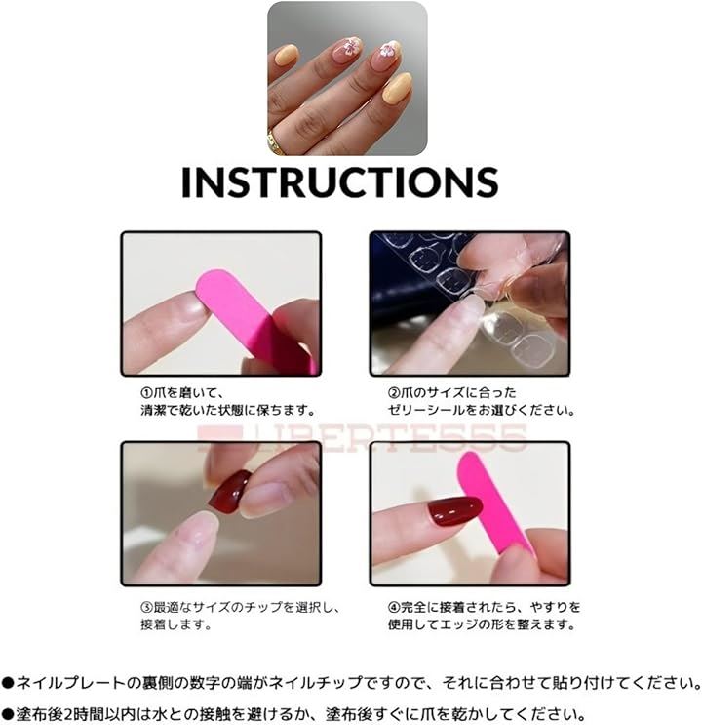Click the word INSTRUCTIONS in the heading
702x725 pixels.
(340, 182)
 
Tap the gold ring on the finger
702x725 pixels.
(275, 142)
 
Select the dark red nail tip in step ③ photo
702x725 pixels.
(230, 490)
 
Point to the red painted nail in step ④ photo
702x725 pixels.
(454, 511)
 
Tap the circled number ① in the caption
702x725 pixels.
(146, 393)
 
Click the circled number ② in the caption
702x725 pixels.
(393, 393)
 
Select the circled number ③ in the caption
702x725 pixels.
(146, 607)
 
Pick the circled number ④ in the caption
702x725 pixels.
(393, 607)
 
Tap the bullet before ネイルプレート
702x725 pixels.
(8, 682)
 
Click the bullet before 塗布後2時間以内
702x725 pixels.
(8, 714)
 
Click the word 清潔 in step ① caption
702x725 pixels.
(153, 410)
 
